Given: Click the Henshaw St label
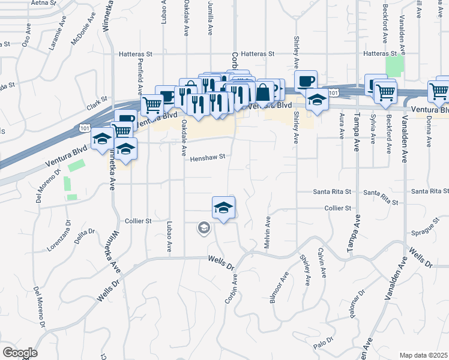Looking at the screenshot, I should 208,158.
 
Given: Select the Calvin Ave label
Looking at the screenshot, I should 322,262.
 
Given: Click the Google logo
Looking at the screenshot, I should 20,353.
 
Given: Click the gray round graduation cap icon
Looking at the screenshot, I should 204,227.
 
